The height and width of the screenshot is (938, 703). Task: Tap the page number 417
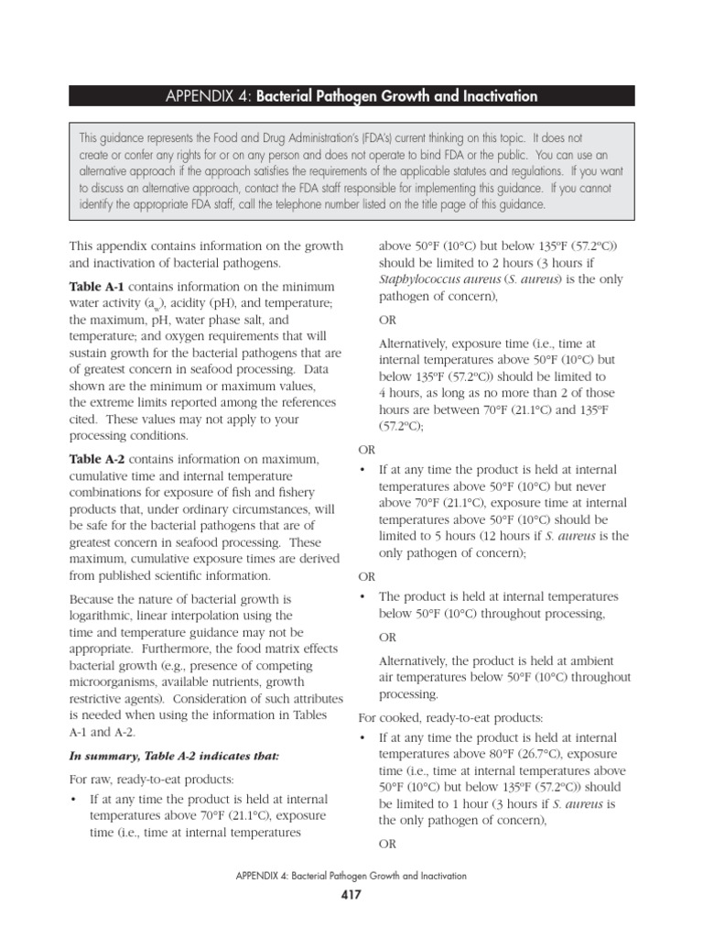click(x=351, y=895)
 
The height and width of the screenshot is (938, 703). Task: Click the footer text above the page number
click(x=351, y=876)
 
